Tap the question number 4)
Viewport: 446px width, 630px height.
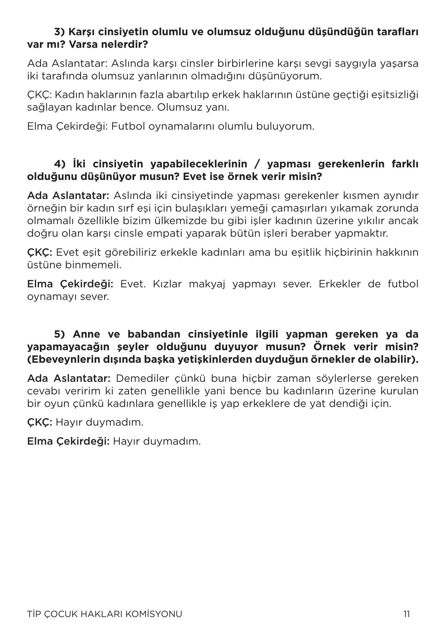point(60,164)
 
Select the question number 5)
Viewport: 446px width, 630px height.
point(59,334)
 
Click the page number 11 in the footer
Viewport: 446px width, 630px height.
point(406,614)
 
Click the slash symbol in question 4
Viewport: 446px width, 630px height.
point(257,164)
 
